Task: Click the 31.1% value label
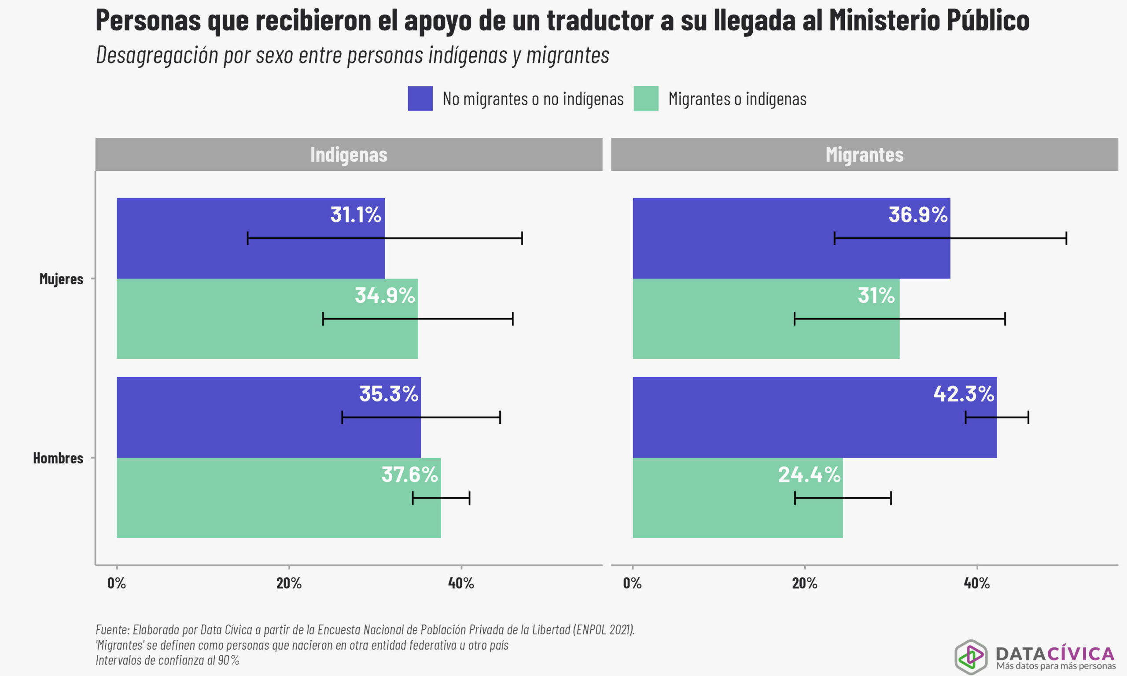click(355, 215)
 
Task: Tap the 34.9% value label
click(384, 296)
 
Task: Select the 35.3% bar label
click(389, 394)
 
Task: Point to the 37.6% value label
click(409, 475)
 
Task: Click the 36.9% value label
click(917, 215)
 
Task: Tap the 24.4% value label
click(809, 475)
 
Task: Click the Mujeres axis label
click(61, 279)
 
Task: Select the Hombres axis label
click(58, 458)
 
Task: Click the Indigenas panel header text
click(349, 155)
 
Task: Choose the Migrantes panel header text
click(864, 155)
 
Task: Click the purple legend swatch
click(420, 99)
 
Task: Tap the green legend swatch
click(645, 99)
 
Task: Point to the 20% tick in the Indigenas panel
click(289, 583)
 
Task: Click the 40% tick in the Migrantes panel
click(977, 583)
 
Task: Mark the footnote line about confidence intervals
click(167, 660)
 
